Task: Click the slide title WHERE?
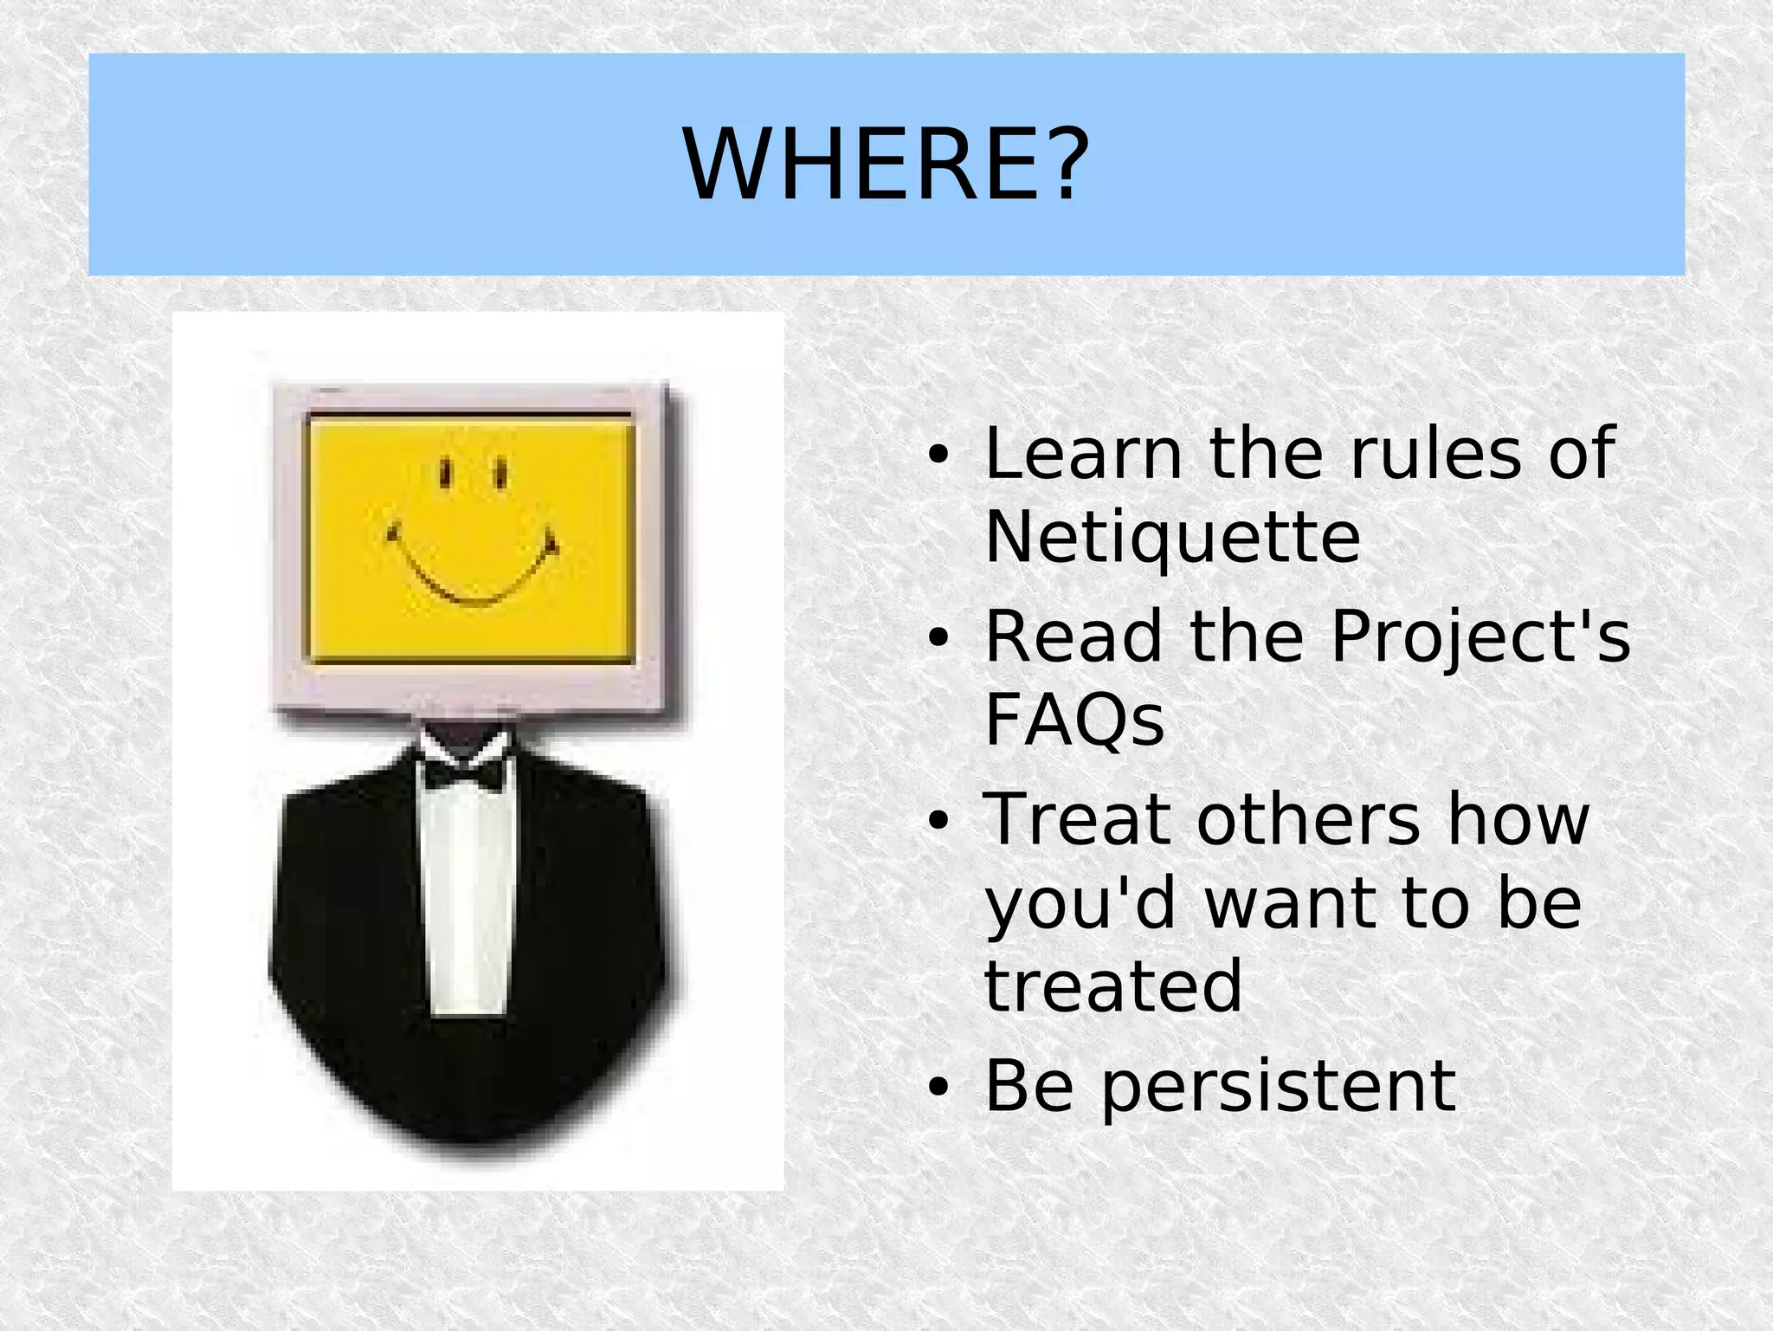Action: pyautogui.click(x=886, y=165)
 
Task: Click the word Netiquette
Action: pyautogui.click(x=1172, y=538)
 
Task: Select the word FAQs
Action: pyautogui.click(x=1074, y=720)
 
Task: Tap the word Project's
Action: pyautogui.click(x=1480, y=637)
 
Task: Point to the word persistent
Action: pyautogui.click(x=1280, y=1086)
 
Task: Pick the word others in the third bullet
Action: pyautogui.click(x=1308, y=819)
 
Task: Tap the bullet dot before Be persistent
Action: pyautogui.click(x=938, y=1088)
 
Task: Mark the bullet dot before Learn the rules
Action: pyautogui.click(x=938, y=455)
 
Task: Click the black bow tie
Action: pyautogui.click(x=465, y=772)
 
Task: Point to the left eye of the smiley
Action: pyautogui.click(x=445, y=474)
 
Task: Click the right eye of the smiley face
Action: pyautogui.click(x=500, y=474)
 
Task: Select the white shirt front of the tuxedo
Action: pyautogui.click(x=467, y=901)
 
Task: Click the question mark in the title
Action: pyautogui.click(x=1062, y=165)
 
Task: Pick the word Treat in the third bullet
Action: pyautogui.click(x=1076, y=819)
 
